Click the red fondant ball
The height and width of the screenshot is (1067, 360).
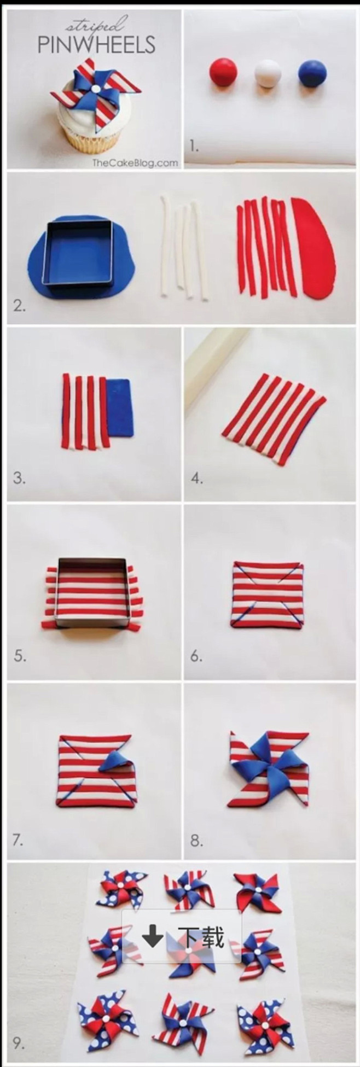[x=224, y=72]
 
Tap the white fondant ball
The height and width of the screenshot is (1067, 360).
[x=268, y=73]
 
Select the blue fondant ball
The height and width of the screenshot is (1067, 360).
[x=312, y=73]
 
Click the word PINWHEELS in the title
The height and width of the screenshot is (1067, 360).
[x=96, y=45]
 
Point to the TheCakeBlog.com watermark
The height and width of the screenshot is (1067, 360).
[x=135, y=162]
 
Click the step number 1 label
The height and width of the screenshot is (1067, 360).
[x=194, y=146]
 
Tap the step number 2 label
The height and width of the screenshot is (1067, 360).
[x=20, y=306]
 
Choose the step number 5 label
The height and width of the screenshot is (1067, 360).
[x=20, y=656]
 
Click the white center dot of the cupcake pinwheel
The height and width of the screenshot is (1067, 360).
[x=95, y=89]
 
